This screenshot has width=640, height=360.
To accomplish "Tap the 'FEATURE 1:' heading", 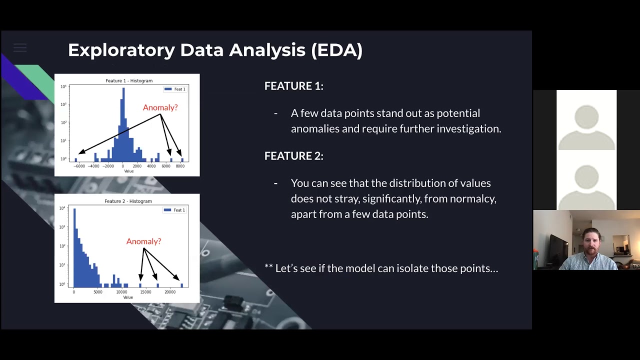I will click(293, 86).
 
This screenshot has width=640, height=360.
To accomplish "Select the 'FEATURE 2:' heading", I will click(293, 156).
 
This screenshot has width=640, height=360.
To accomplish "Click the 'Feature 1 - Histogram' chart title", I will click(129, 80).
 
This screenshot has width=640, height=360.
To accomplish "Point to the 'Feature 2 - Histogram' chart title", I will click(128, 201).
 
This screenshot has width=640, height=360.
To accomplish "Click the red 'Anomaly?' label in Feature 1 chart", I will click(160, 107).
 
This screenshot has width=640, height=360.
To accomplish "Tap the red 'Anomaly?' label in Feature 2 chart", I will click(143, 241).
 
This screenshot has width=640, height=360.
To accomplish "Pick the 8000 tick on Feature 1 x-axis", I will click(180, 166).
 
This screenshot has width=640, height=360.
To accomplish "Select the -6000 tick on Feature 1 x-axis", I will click(79, 166).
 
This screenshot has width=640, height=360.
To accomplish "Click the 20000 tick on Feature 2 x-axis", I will click(170, 292).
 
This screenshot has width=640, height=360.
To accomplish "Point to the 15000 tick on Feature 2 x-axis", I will click(145, 292).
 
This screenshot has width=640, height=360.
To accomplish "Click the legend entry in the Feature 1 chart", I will click(175, 89).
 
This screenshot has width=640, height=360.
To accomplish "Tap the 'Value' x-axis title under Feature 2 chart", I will click(128, 297).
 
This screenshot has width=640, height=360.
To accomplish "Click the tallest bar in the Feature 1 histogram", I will click(123, 125).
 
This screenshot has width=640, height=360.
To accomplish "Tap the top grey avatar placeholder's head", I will click(586, 117).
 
